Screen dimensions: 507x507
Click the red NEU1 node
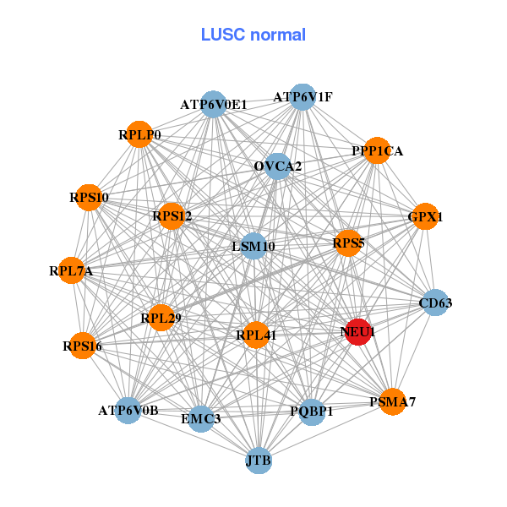coord(357,332)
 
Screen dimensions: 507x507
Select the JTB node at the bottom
coord(259,461)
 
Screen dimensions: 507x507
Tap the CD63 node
coord(434,303)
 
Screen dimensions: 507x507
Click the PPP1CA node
coord(376,150)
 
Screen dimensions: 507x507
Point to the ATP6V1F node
coord(302,97)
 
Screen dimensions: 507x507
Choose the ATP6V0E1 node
coord(214,104)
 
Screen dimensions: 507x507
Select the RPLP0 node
coord(139,134)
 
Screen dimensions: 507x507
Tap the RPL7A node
coord(72,270)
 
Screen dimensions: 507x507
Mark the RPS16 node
coord(82,345)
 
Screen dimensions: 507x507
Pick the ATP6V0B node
coord(128,411)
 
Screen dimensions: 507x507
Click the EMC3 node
coord(201,418)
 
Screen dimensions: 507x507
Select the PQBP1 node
coord(311,412)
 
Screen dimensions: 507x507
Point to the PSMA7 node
coord(391,401)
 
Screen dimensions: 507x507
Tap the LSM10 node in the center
coord(253,246)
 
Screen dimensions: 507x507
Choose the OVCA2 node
coord(277,166)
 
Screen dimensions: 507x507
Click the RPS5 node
coord(348,243)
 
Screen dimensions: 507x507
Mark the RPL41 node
coord(255,334)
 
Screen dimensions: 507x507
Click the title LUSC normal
coord(253,35)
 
